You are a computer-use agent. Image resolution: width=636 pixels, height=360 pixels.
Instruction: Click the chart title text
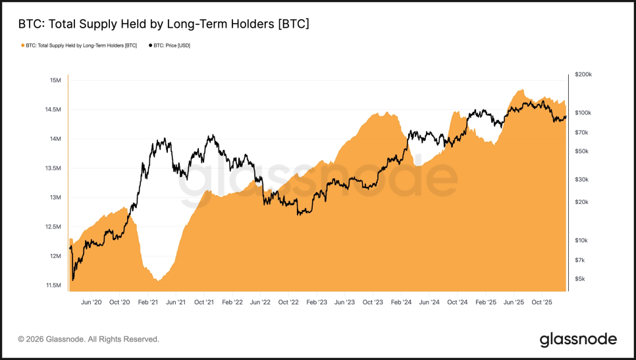(x=163, y=24)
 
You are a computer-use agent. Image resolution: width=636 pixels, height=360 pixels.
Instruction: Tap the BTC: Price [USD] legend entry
(x=171, y=45)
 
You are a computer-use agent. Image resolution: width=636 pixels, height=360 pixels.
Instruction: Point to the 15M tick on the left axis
(x=55, y=80)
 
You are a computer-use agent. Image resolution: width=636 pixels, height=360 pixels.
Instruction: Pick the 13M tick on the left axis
(x=55, y=197)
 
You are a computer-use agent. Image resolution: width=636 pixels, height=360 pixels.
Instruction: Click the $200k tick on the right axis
(x=583, y=75)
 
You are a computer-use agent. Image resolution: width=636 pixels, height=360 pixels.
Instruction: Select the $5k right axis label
(x=580, y=279)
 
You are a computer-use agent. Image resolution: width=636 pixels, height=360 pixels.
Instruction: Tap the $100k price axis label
(x=583, y=113)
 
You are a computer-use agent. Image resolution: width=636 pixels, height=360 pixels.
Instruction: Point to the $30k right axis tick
(x=581, y=180)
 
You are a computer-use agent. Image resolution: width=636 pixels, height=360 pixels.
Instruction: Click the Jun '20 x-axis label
(x=92, y=302)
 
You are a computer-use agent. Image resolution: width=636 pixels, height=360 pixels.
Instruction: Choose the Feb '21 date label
(x=148, y=302)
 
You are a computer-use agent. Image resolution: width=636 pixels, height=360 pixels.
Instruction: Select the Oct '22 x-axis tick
(x=288, y=302)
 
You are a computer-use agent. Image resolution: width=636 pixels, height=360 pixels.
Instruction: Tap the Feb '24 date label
(x=401, y=302)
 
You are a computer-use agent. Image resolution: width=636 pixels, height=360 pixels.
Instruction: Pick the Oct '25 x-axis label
(x=542, y=302)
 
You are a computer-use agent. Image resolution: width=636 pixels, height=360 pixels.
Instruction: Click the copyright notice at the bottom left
(x=88, y=340)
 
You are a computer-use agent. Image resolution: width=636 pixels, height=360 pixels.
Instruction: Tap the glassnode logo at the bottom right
(x=578, y=340)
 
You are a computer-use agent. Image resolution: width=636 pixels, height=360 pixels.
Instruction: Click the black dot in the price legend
(x=151, y=45)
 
